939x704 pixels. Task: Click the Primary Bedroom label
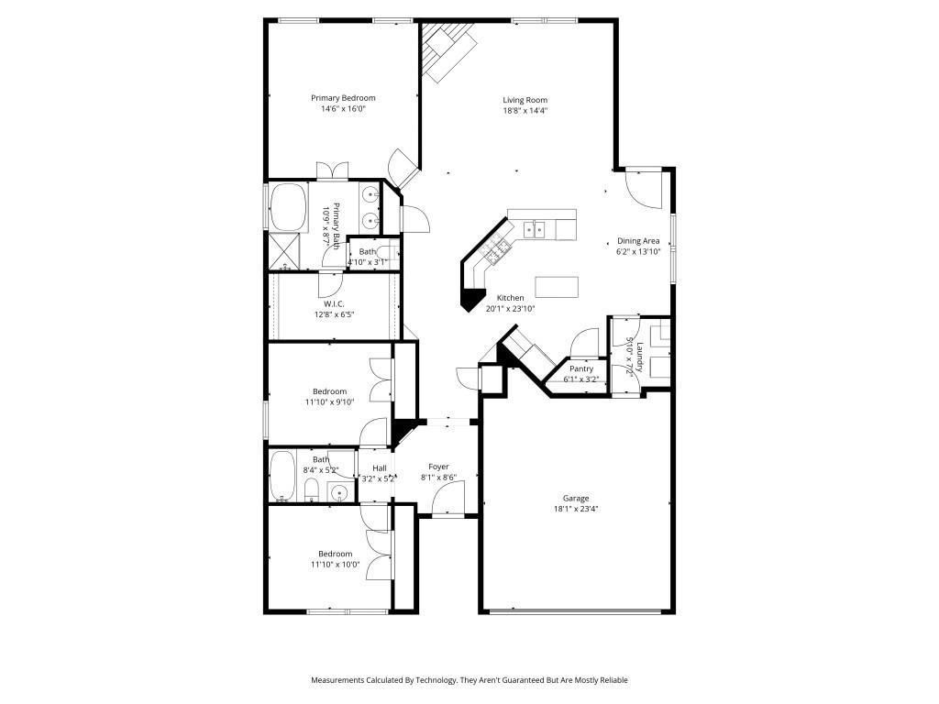(343, 98)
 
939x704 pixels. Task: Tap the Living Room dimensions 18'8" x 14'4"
(525, 110)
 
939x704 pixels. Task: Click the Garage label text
(576, 498)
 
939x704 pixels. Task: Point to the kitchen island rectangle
(558, 287)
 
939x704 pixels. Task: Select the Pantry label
(581, 368)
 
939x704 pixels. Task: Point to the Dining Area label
(638, 241)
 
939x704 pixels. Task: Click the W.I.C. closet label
(332, 303)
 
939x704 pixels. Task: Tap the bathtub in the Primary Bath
(289, 206)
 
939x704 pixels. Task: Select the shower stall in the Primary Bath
(285, 250)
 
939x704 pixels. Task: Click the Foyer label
(438, 467)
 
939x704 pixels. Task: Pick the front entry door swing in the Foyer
(449, 500)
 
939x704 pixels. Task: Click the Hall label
(379, 467)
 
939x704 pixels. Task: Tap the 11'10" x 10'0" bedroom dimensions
(335, 565)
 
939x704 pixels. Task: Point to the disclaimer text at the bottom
(469, 680)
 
